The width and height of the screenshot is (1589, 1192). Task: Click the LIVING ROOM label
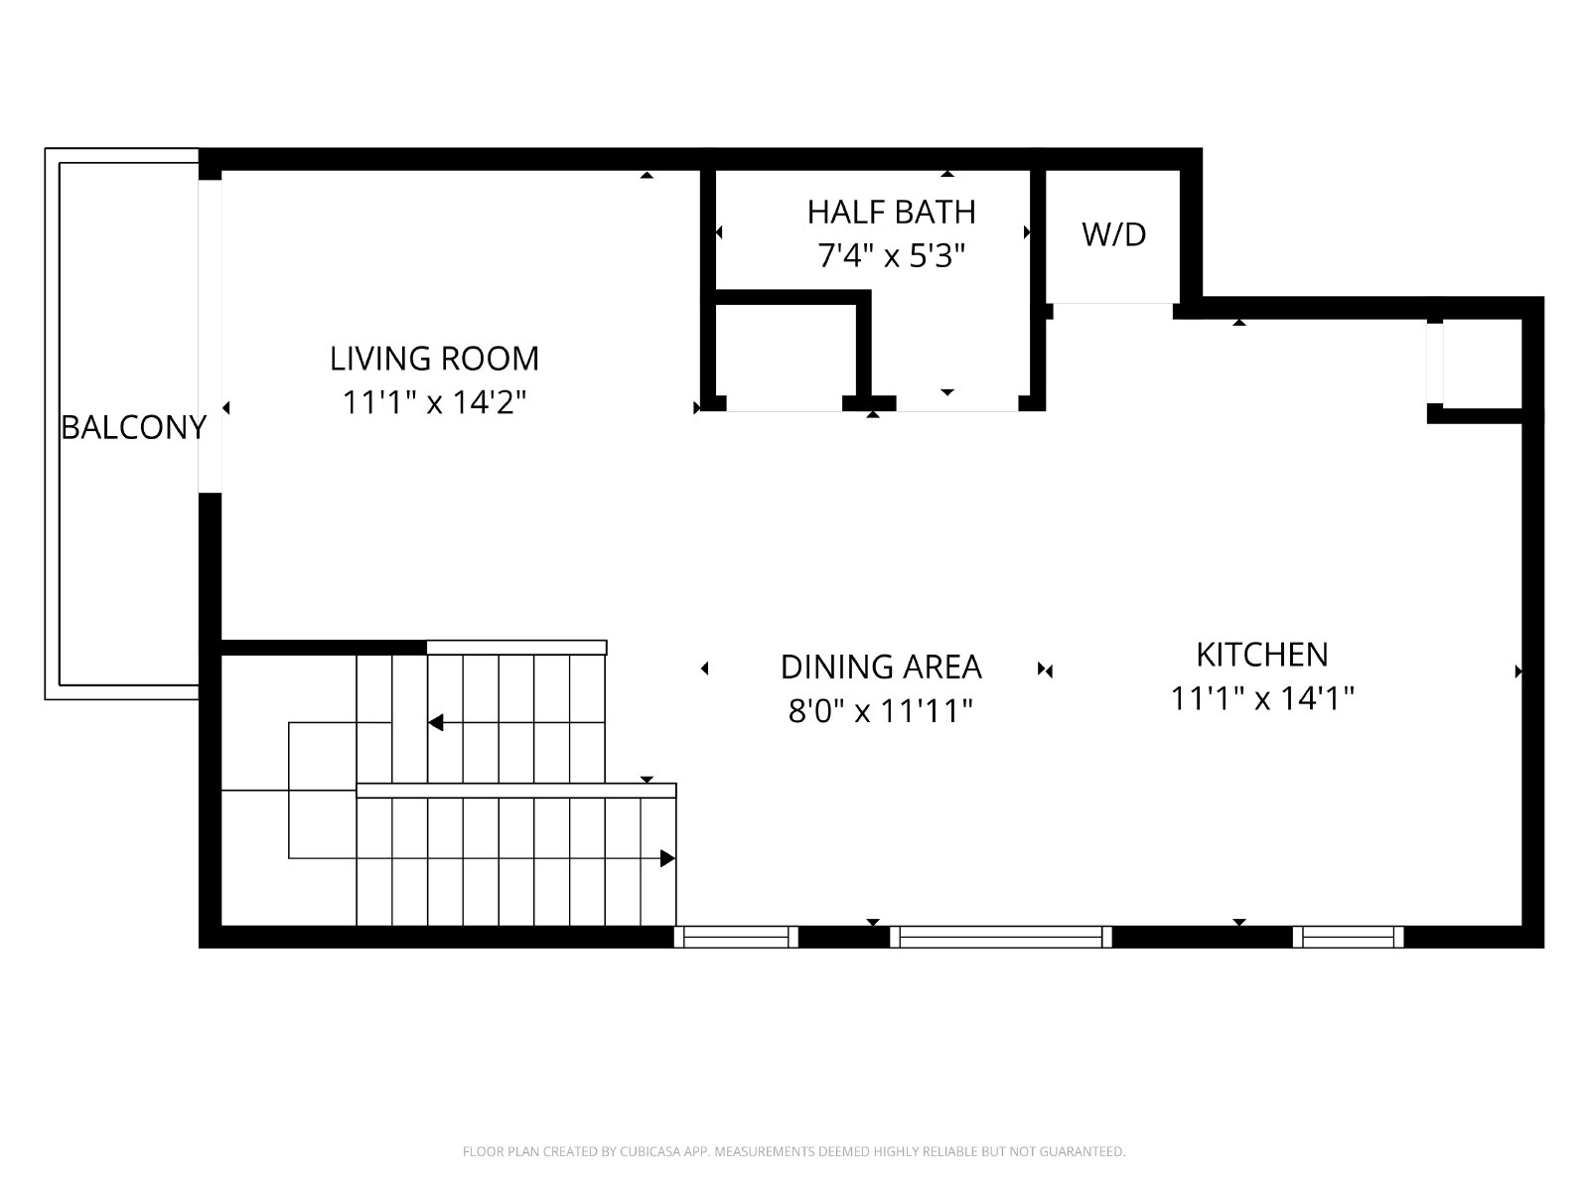point(434,359)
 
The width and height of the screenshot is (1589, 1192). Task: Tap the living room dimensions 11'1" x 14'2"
point(434,401)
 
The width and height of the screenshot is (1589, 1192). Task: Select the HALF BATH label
point(892,212)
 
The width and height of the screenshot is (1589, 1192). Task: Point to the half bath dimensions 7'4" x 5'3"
point(892,255)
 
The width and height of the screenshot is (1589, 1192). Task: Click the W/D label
point(1114,234)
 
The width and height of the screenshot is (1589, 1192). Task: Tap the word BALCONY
point(134,428)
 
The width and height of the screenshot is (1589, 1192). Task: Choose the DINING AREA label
point(881,667)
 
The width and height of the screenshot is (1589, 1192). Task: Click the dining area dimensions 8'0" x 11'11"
point(880,710)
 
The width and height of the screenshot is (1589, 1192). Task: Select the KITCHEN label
point(1262,655)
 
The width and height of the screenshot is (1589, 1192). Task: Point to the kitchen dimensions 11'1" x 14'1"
point(1262,698)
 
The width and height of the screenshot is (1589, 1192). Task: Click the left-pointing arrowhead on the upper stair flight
point(435,722)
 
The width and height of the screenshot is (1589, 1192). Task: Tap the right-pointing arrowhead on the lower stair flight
point(667,858)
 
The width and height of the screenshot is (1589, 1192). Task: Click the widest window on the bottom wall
point(1000,937)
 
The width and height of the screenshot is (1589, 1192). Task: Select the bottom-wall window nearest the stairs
point(736,937)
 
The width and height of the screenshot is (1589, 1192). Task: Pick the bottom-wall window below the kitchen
point(1348,937)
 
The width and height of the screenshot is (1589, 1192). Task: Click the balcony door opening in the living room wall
point(210,337)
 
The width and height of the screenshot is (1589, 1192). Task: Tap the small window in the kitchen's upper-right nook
point(1435,363)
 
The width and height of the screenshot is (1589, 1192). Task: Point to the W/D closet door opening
point(1112,311)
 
